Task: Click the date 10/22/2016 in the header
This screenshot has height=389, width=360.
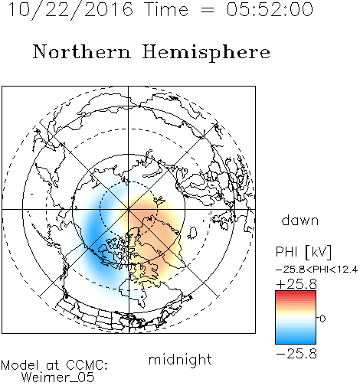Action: coord(70,9)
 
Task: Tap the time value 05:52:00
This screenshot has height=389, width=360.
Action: coord(270,9)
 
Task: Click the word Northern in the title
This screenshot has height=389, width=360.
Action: coord(82,52)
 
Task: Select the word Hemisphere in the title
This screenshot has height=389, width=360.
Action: coord(206,53)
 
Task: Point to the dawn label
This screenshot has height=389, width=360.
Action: coord(300,220)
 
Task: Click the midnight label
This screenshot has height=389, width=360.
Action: coord(180,359)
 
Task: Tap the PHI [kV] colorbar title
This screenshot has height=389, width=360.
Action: coord(303,252)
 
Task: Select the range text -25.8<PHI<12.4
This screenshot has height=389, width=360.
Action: coord(316,270)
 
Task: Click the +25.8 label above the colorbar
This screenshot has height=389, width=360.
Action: coord(296,284)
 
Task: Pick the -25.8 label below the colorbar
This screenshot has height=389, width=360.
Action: coord(296,354)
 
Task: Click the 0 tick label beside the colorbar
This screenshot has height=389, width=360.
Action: coord(322,319)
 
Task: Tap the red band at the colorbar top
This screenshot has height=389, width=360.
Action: coord(296,294)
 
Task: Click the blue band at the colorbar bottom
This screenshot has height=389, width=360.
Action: coord(296,340)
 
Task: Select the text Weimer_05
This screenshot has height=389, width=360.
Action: coord(58,378)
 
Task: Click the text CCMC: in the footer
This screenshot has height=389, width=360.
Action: coord(87,365)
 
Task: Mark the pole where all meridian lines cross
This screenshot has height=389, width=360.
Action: coord(129,209)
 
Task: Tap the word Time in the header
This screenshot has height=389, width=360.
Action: coord(167,9)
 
